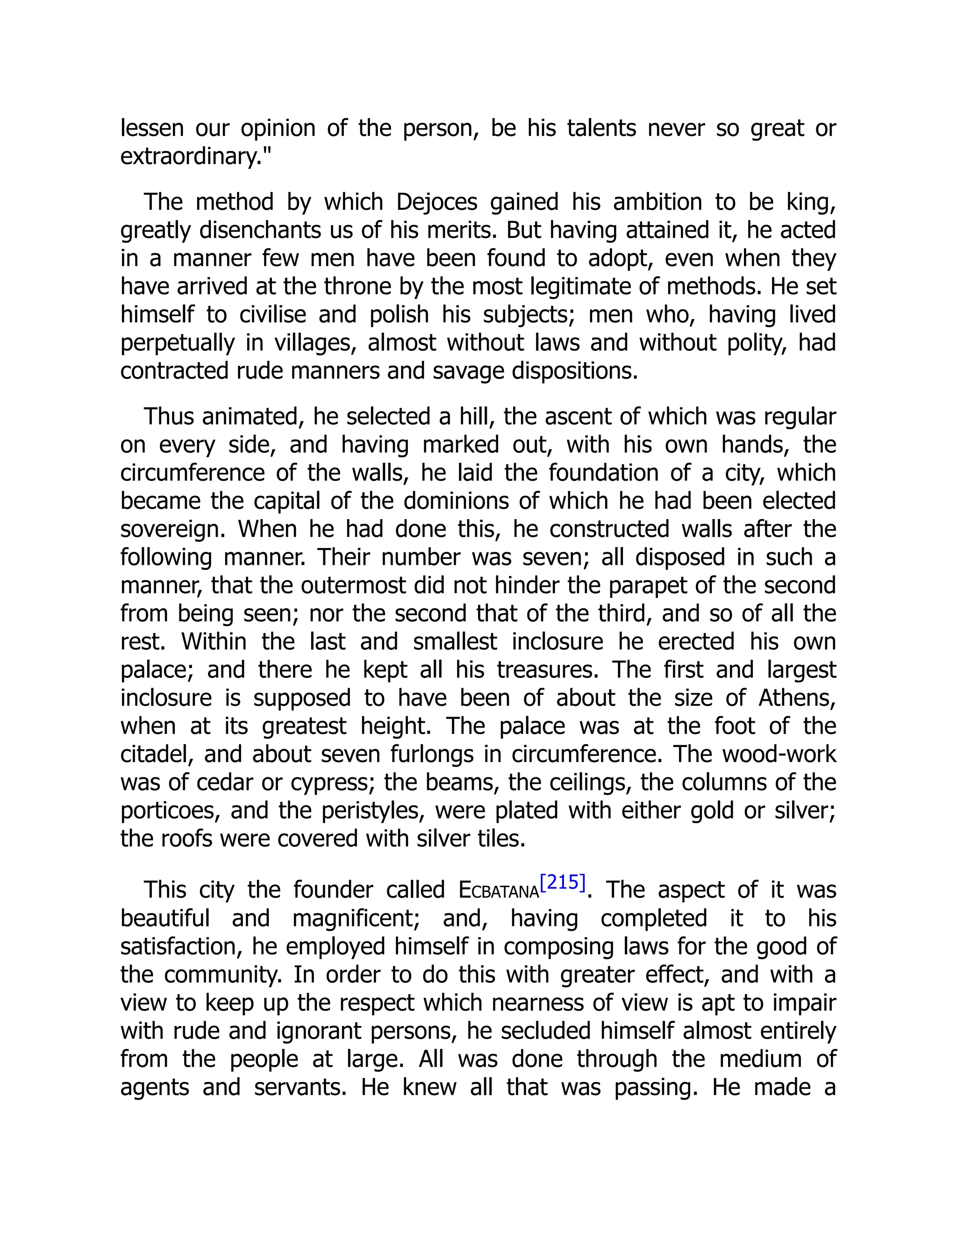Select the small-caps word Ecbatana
click(x=498, y=890)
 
